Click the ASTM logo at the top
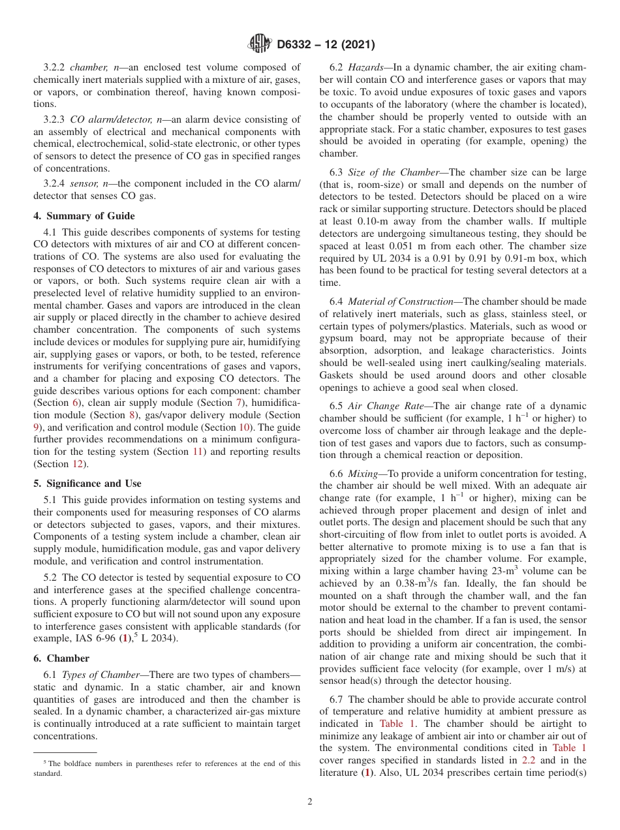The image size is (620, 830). tap(261, 44)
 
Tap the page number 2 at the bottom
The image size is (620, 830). tap(310, 802)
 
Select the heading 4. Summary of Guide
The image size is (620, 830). tap(84, 216)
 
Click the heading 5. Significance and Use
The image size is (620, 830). tap(87, 484)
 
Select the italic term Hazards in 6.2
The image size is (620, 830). tap(365, 67)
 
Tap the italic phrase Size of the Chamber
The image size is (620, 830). tap(394, 172)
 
